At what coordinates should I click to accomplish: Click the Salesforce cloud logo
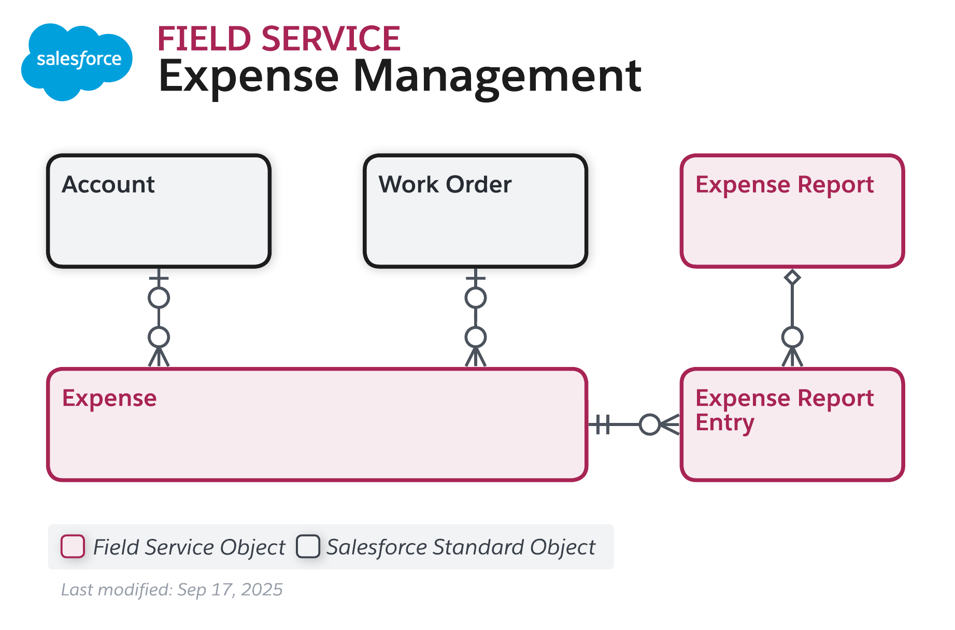(x=77, y=61)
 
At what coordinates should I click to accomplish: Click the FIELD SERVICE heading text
(x=279, y=39)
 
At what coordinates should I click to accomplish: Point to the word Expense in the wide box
(x=109, y=398)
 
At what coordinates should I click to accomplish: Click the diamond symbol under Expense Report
(x=792, y=277)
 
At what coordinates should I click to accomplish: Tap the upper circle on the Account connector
(x=159, y=298)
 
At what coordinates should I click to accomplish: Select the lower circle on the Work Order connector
(x=475, y=338)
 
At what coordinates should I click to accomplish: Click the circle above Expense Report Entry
(x=792, y=338)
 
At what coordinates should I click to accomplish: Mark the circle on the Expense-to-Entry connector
(x=649, y=424)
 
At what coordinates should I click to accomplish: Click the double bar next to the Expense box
(x=602, y=424)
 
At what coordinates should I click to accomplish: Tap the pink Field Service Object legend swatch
(x=73, y=547)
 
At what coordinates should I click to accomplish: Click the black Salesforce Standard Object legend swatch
(x=308, y=547)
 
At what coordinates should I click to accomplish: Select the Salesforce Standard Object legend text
(x=461, y=547)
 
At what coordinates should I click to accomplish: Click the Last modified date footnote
(x=172, y=590)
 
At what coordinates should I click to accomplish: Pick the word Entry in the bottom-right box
(x=724, y=422)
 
